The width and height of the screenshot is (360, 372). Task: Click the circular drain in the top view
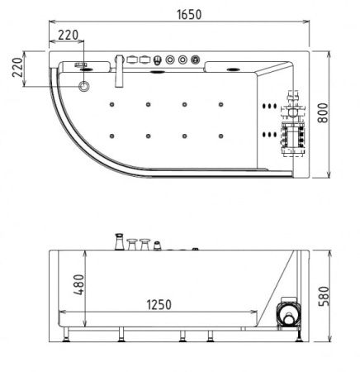(x=85, y=85)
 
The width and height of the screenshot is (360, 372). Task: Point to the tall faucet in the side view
(x=119, y=243)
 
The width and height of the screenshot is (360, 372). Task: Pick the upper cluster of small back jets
(x=268, y=105)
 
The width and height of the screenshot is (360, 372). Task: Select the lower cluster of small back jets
(x=268, y=132)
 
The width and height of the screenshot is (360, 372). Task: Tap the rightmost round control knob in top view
(x=195, y=60)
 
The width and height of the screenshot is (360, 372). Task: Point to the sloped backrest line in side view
(x=281, y=277)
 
